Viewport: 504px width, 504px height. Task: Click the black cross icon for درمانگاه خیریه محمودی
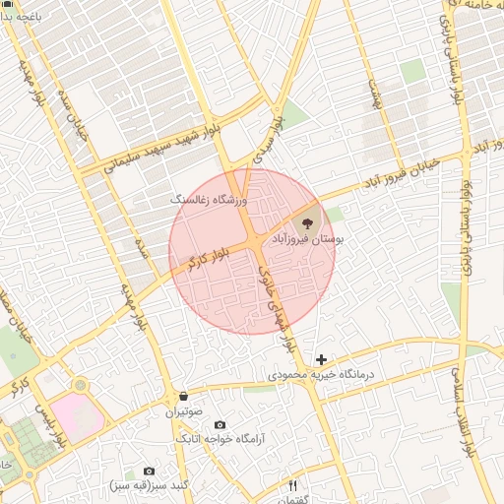pyautogui.click(x=321, y=360)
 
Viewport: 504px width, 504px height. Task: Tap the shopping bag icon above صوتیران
pyautogui.click(x=184, y=397)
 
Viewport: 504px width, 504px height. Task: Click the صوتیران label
pyautogui.click(x=184, y=412)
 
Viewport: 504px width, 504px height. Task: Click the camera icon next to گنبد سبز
pyautogui.click(x=149, y=472)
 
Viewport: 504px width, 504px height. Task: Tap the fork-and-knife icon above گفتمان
pyautogui.click(x=292, y=484)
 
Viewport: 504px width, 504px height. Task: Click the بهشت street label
pyautogui.click(x=373, y=95)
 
